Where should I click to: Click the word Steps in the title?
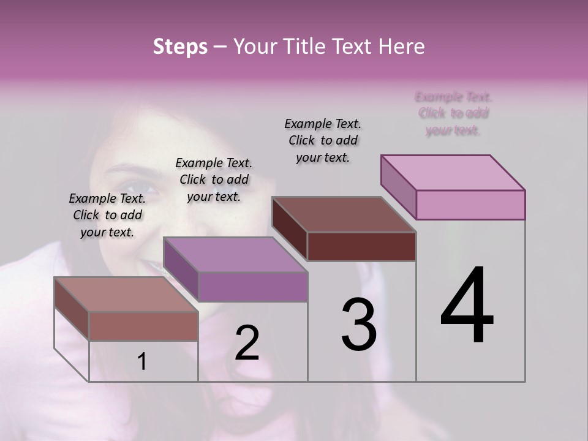(x=179, y=47)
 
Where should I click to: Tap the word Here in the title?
(x=399, y=47)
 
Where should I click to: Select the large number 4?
(x=467, y=306)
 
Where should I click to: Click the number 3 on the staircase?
(x=359, y=325)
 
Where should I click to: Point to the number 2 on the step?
(x=247, y=343)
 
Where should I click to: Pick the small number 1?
(x=142, y=362)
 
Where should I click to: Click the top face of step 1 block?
(x=126, y=295)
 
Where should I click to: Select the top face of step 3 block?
(x=344, y=214)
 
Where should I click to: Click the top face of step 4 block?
(x=453, y=173)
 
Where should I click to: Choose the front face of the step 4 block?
(x=470, y=205)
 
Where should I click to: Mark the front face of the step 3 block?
(x=361, y=247)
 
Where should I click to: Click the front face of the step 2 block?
(x=252, y=287)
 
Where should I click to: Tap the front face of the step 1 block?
(x=143, y=326)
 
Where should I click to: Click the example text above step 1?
(x=107, y=216)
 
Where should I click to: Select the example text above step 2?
(x=214, y=180)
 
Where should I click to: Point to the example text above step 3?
(x=323, y=140)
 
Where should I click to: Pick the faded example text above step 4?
(x=453, y=113)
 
